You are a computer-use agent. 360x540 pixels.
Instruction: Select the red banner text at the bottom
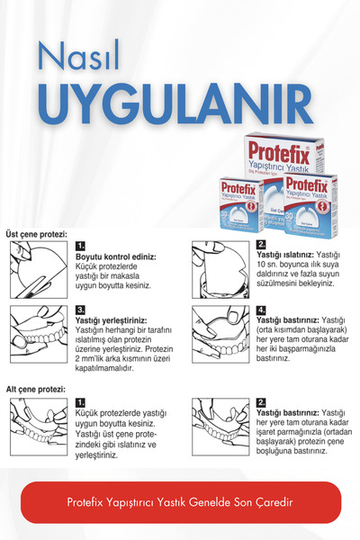(x=181, y=502)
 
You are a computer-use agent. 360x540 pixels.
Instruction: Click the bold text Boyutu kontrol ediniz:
(x=115, y=257)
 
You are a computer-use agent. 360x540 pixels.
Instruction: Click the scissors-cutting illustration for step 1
(x=38, y=270)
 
